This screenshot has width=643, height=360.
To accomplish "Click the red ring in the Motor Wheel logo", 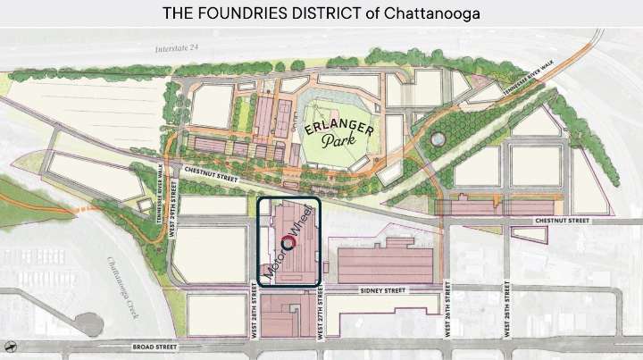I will [x=289, y=241].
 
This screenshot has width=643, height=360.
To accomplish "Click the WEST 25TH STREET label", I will [x=506, y=312].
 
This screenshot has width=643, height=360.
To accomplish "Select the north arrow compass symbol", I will [x=10, y=345].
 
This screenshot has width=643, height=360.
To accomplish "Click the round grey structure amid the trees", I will [x=438, y=139].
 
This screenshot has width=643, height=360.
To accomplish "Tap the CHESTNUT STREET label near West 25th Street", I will [x=564, y=220].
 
